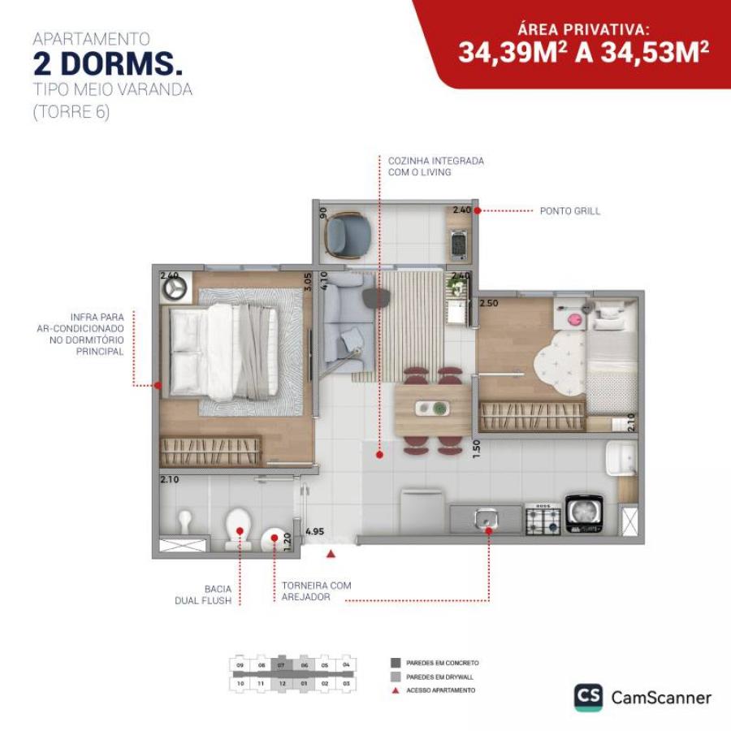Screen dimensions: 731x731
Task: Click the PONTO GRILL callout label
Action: (x=570, y=210)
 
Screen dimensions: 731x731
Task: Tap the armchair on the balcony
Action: (x=348, y=233)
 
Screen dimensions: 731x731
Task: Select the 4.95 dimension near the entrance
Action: (x=314, y=532)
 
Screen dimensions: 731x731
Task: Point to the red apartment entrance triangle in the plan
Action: (x=331, y=554)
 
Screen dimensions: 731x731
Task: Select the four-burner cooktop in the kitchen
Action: (x=543, y=518)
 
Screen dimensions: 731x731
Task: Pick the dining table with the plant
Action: (x=431, y=409)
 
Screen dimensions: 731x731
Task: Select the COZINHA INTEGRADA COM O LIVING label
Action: (x=435, y=167)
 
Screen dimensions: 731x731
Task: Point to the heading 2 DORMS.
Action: (x=107, y=64)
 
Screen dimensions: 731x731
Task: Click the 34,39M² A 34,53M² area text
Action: (x=583, y=53)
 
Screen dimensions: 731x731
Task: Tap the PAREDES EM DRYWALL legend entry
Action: (x=442, y=676)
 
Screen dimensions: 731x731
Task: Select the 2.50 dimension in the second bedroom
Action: (x=488, y=303)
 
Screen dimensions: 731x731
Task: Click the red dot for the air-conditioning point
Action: (x=158, y=385)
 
